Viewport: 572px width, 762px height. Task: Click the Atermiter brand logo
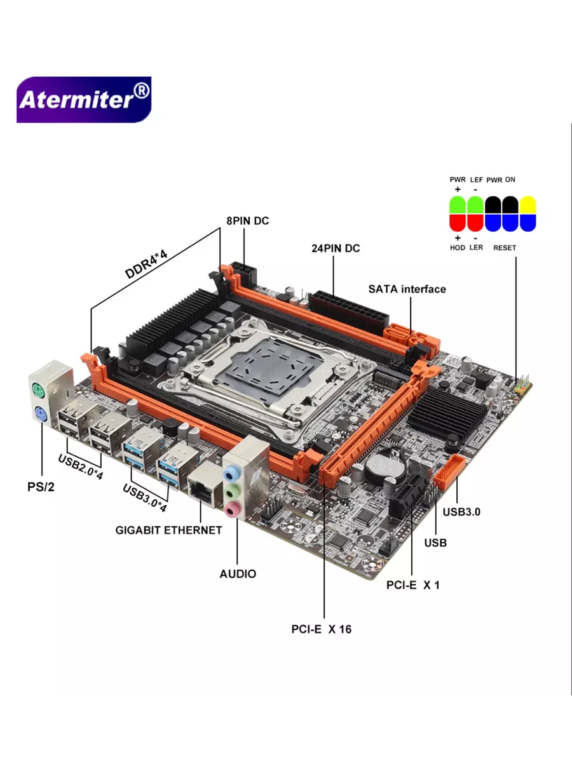pyautogui.click(x=84, y=100)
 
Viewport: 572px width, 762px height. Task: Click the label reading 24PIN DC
pyautogui.click(x=336, y=248)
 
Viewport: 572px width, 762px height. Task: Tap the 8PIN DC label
pyautogui.click(x=248, y=221)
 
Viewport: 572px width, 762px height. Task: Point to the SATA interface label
pyautogui.click(x=407, y=289)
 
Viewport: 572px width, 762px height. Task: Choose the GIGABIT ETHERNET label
pyautogui.click(x=168, y=530)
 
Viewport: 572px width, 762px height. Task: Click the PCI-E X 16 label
pyautogui.click(x=321, y=629)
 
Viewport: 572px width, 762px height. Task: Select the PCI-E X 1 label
pyautogui.click(x=413, y=585)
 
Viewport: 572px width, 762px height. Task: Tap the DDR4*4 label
pyautogui.click(x=146, y=264)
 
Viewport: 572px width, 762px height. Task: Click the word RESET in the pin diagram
pyautogui.click(x=505, y=248)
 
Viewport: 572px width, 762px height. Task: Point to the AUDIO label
pyautogui.click(x=238, y=574)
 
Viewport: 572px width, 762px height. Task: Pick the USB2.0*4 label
pyautogui.click(x=80, y=467)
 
